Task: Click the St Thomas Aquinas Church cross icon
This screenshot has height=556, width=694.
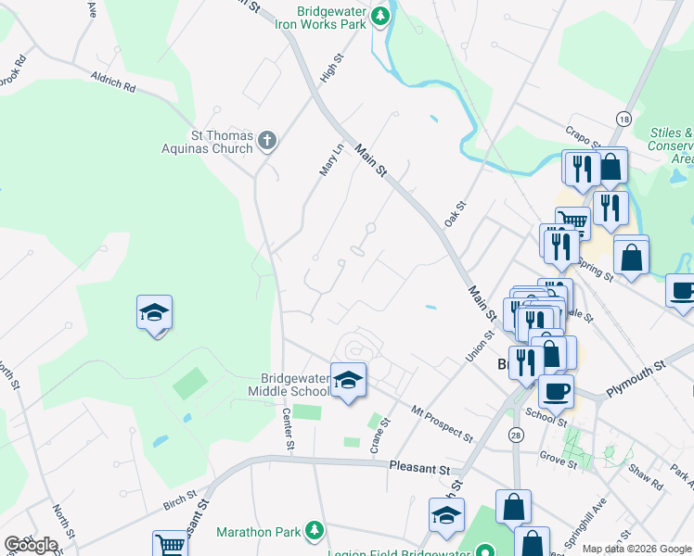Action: point(267,141)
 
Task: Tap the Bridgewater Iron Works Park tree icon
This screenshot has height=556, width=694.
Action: point(379,17)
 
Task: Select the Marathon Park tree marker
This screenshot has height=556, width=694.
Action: point(315,531)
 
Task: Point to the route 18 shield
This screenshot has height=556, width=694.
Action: point(623,119)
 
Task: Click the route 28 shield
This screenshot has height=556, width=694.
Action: point(515,435)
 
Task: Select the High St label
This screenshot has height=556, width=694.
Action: point(326,69)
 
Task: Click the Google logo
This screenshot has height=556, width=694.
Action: point(31,545)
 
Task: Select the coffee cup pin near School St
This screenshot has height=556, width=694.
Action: point(556,391)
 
